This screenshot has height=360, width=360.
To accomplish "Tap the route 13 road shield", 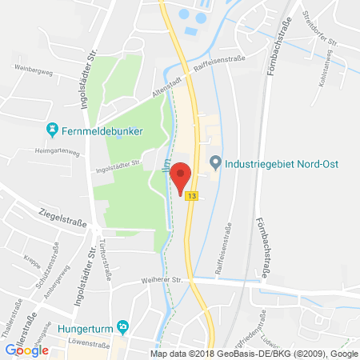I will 192,195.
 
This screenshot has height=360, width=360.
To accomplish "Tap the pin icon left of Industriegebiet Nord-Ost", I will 214,163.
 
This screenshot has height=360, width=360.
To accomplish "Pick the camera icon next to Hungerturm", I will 122,326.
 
